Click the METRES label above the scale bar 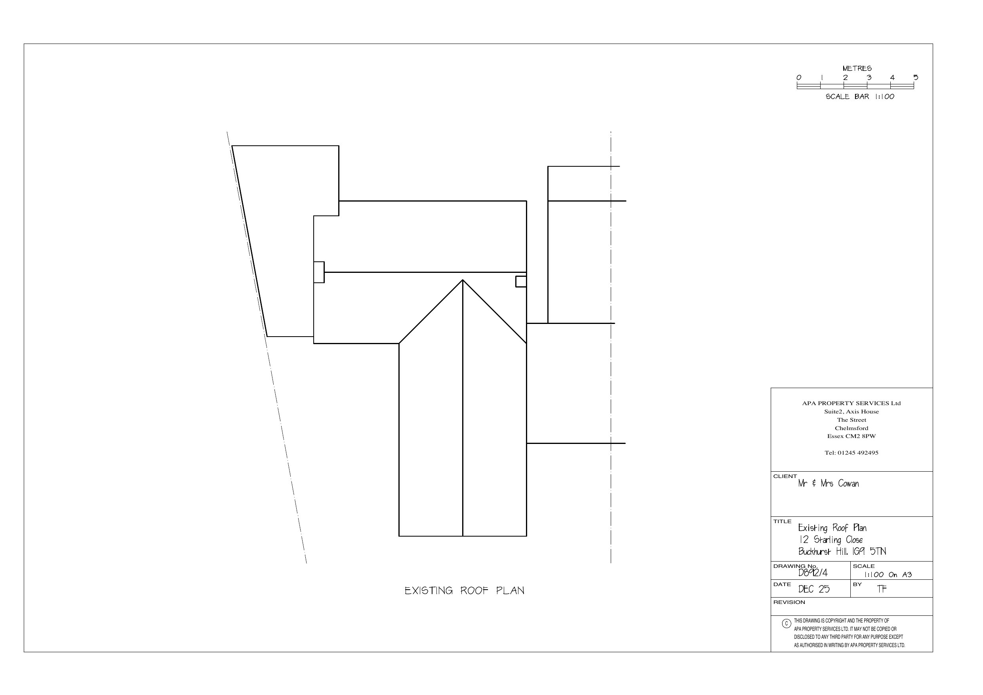pyautogui.click(x=857, y=69)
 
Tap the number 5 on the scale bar pyautogui.click(x=915, y=78)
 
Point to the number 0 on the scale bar pyautogui.click(x=798, y=78)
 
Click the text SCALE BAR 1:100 pyautogui.click(x=860, y=97)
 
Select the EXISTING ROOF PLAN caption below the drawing pyautogui.click(x=464, y=591)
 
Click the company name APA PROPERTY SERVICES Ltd pyautogui.click(x=851, y=404)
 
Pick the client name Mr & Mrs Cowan pyautogui.click(x=828, y=484)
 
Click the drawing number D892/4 pyautogui.click(x=813, y=573)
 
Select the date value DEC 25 pyautogui.click(x=813, y=590)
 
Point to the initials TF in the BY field pyautogui.click(x=882, y=589)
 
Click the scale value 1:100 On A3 pyautogui.click(x=888, y=575)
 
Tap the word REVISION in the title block pyautogui.click(x=789, y=602)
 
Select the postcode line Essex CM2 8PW pyautogui.click(x=851, y=436)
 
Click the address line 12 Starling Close pyautogui.click(x=831, y=540)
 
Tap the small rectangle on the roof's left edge pyautogui.click(x=318, y=272)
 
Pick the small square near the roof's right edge pyautogui.click(x=521, y=281)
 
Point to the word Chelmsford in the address pyautogui.click(x=851, y=428)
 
